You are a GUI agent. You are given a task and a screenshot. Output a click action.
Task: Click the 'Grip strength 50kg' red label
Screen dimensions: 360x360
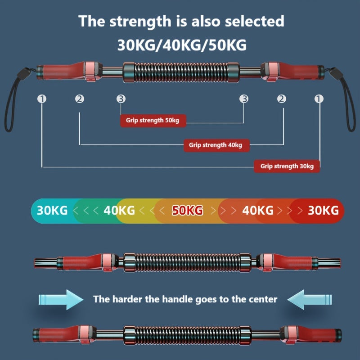(x=153, y=121)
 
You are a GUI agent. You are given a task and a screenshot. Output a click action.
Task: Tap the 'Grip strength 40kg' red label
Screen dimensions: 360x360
(x=216, y=145)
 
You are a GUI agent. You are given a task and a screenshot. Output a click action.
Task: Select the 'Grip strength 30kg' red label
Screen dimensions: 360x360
(x=287, y=166)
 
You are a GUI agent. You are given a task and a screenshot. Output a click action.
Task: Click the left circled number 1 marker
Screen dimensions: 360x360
(x=42, y=99)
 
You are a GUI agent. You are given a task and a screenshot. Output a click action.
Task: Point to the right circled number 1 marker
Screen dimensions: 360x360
(x=319, y=99)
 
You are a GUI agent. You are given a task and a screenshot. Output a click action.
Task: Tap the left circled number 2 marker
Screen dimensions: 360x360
(x=80, y=99)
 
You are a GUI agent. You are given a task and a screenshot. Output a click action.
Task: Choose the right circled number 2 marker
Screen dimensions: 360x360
(x=282, y=99)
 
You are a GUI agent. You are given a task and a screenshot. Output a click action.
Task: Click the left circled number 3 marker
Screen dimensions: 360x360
(x=121, y=99)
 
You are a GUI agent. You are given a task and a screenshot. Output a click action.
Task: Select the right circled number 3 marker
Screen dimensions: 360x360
(x=244, y=99)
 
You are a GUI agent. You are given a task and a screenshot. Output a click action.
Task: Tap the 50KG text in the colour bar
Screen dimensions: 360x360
(x=188, y=210)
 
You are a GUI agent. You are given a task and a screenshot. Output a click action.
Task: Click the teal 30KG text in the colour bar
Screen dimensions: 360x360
(x=52, y=210)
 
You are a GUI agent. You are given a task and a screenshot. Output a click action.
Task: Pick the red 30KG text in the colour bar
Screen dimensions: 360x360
(x=323, y=210)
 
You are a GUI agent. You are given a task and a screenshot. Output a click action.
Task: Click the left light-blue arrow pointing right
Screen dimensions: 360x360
(x=61, y=299)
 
